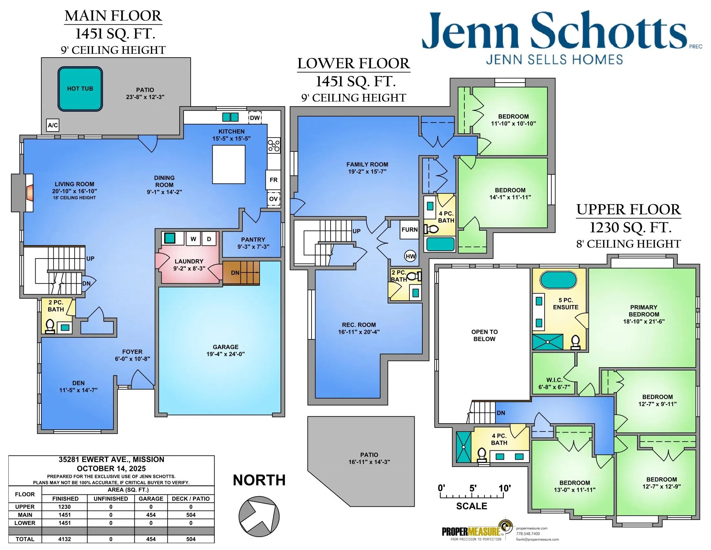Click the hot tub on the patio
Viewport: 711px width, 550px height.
click(80, 89)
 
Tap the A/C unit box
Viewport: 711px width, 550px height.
click(53, 125)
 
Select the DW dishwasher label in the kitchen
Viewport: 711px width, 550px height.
click(255, 118)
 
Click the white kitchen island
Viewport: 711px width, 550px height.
click(228, 165)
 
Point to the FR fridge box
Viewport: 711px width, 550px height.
click(273, 180)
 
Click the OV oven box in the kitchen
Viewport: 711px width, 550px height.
click(273, 199)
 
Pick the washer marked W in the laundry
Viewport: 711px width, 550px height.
click(193, 239)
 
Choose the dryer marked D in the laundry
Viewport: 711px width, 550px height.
click(209, 239)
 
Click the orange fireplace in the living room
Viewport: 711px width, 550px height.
click(30, 192)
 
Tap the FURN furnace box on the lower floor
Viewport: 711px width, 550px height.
click(409, 230)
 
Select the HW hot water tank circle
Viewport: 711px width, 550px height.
click(410, 257)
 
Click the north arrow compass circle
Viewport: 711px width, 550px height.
click(259, 516)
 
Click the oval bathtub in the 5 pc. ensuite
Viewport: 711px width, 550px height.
click(558, 280)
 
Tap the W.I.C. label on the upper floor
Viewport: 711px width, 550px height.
click(554, 380)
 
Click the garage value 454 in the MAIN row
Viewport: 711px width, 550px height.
click(151, 515)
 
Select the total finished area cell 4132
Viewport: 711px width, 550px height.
click(64, 539)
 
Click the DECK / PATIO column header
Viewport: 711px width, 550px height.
click(191, 499)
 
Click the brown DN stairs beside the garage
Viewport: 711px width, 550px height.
click(241, 273)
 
